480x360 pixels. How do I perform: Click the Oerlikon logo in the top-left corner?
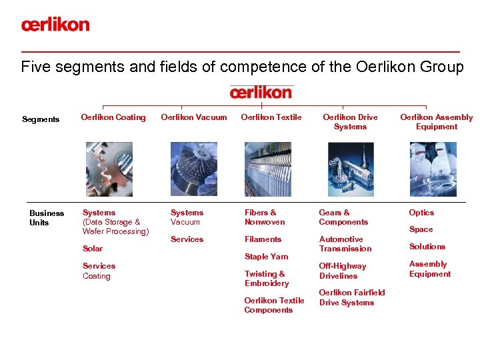[x=55, y=25]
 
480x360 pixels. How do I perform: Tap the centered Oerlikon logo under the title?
[x=261, y=92]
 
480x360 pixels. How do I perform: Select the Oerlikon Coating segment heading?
[x=113, y=117]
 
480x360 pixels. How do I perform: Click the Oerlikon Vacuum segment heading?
[x=194, y=117]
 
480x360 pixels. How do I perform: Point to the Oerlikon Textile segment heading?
[x=271, y=117]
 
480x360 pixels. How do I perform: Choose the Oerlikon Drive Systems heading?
[x=350, y=122]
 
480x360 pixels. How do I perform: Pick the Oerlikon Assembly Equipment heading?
[x=436, y=122]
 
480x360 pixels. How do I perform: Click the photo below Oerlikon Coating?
[x=109, y=169]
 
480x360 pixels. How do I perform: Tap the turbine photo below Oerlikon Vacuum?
[x=194, y=169]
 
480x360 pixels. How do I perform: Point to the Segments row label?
[x=41, y=120]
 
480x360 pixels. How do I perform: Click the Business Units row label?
[x=47, y=218]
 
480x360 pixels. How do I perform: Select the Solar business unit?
[x=93, y=249]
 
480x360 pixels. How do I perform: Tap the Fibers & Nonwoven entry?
[x=265, y=217]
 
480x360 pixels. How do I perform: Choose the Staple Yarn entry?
[x=266, y=257]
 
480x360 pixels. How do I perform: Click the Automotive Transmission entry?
[x=345, y=244]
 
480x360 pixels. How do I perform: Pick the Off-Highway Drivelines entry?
[x=343, y=271]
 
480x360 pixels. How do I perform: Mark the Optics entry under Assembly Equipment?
[x=421, y=213]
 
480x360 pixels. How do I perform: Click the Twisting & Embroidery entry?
[x=267, y=279]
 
